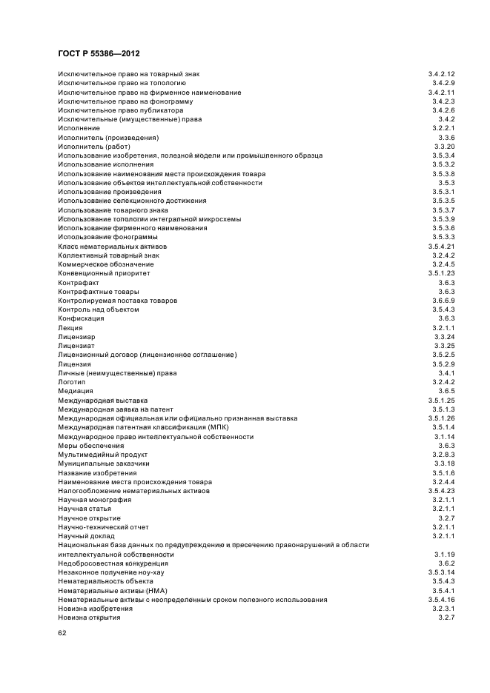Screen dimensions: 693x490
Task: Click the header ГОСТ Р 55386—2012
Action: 99,54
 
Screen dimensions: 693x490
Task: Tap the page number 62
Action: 62,634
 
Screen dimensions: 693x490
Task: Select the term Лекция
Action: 70,327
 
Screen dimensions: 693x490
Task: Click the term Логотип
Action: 72,382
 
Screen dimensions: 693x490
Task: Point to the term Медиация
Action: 76,391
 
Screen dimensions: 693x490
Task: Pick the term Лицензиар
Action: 76,337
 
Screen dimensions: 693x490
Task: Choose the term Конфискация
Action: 81,318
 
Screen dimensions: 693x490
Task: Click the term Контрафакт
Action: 79,282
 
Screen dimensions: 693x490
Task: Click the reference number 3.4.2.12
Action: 441,74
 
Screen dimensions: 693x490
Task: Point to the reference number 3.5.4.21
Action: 441,246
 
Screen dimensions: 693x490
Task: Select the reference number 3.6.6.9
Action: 443,301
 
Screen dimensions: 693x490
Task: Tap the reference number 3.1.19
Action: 445,555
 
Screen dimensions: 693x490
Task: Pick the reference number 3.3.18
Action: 445,463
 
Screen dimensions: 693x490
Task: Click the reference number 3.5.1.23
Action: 441,273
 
